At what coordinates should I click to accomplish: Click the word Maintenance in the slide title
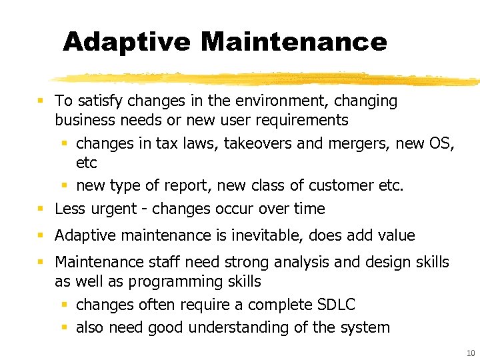293,42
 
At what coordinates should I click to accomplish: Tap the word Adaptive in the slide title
127,42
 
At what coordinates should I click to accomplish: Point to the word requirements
305,120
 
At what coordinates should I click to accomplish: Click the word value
396,235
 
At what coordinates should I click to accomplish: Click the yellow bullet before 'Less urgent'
41,209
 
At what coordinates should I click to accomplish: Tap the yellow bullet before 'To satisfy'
41,101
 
